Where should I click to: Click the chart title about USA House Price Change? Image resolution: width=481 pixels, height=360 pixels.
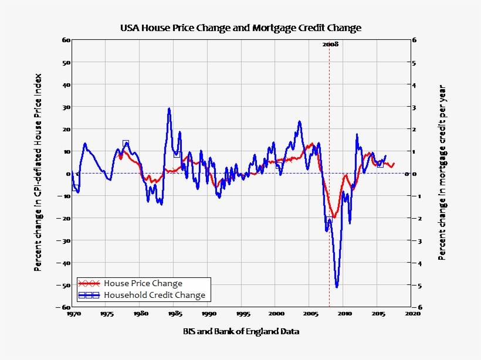tap(240, 28)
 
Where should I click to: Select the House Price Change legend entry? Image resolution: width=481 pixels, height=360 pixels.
tap(143, 283)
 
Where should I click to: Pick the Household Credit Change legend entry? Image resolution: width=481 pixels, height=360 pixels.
tap(154, 295)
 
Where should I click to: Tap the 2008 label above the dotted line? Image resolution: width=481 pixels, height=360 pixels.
tap(330, 44)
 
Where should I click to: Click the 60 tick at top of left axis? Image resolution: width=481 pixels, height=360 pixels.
tap(66, 40)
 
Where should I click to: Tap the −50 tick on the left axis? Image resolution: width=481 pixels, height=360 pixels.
tap(65, 285)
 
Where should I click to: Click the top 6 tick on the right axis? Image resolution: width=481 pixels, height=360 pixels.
tap(414, 40)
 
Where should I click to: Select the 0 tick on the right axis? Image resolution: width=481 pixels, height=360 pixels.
tap(414, 174)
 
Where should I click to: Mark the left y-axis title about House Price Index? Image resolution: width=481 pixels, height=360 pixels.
tap(38, 172)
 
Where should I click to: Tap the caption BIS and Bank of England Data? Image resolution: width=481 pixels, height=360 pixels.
tap(240, 332)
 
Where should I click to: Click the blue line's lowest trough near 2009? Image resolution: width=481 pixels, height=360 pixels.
tap(337, 287)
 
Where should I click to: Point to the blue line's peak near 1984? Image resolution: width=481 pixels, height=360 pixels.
tap(169, 108)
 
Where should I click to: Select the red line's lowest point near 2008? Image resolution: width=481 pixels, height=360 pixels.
tap(334, 218)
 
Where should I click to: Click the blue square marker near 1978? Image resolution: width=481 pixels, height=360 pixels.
tap(126, 143)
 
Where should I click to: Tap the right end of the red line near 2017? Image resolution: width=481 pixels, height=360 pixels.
tap(394, 164)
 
